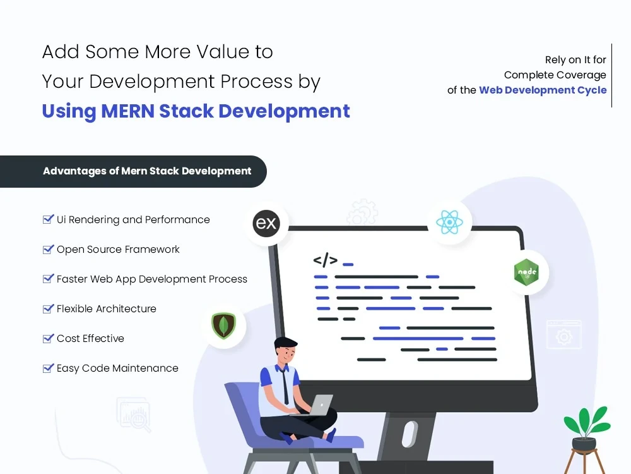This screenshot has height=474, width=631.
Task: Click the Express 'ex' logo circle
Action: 266,224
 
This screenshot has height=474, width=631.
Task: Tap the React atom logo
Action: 449,222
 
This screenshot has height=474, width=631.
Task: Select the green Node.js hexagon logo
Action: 526,272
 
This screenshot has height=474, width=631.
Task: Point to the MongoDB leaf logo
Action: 223,326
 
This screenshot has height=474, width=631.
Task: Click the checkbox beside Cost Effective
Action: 48,338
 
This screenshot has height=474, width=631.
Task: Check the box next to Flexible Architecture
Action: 48,308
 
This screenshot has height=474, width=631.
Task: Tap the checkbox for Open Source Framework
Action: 48,249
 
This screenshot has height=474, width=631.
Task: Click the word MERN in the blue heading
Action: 126,111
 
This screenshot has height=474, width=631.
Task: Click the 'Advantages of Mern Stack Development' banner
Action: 146,171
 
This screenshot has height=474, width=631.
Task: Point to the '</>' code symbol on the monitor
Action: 325,260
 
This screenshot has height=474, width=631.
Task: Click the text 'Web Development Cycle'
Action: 543,90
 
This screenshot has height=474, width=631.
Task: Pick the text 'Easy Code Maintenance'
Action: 117,368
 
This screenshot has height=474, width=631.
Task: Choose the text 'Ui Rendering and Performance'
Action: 133,219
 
